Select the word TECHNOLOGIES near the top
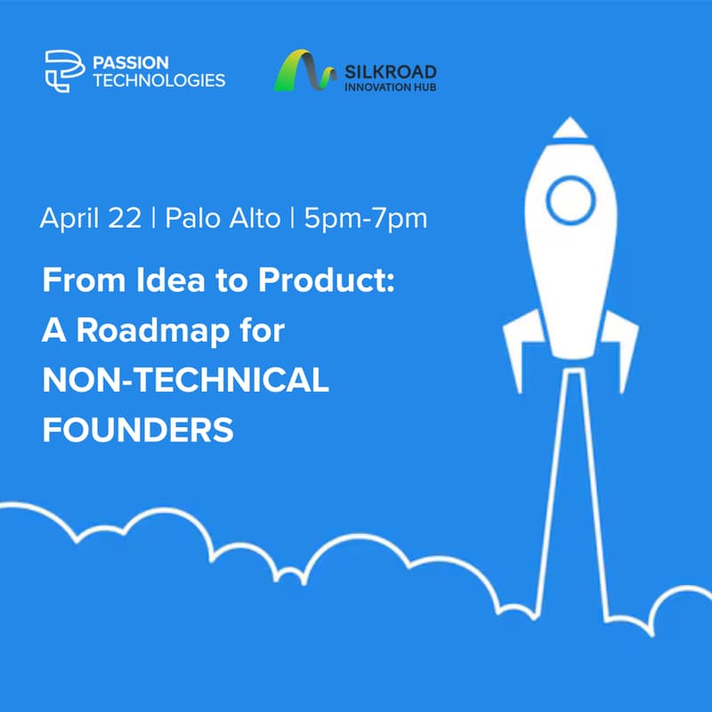[159, 80]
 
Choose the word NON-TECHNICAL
[186, 381]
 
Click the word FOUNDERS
[138, 431]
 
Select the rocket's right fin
[622, 347]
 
